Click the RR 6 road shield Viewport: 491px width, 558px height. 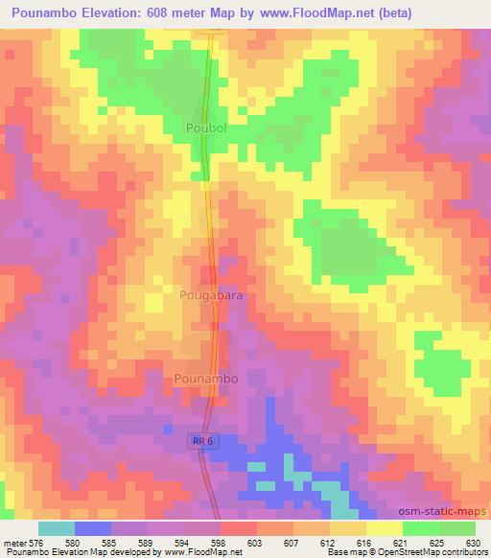pyautogui.click(x=199, y=438)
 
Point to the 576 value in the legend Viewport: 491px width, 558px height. pyautogui.click(x=36, y=542)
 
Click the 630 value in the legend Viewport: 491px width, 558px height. pyautogui.click(x=474, y=542)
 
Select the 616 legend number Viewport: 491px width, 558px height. pyautogui.click(x=364, y=542)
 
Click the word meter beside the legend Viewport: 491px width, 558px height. pyautogui.click(x=13, y=542)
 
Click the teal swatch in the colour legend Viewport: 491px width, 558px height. pyautogui.click(x=57, y=528)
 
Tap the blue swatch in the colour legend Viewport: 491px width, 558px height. pyautogui.click(x=93, y=528)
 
